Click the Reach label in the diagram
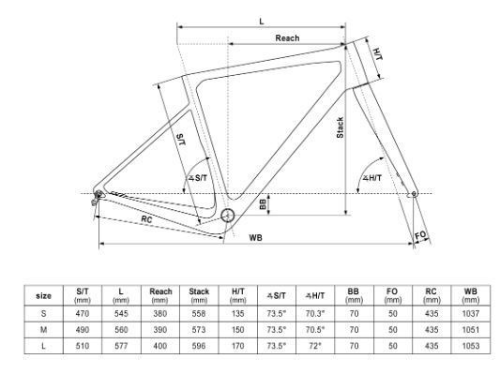click(x=287, y=38)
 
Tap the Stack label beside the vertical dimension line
click(x=340, y=127)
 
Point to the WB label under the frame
click(x=255, y=238)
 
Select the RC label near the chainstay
click(x=146, y=219)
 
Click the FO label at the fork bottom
click(x=420, y=235)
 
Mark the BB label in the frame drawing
click(x=263, y=204)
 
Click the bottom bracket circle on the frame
click(x=228, y=216)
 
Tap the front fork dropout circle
click(x=414, y=193)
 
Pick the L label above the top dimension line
click(x=262, y=22)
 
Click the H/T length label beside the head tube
click(x=378, y=53)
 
